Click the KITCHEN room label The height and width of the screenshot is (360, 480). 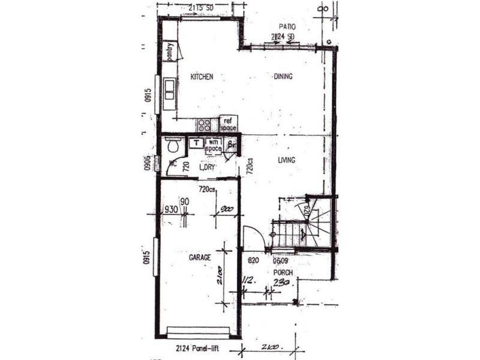[x=202, y=77]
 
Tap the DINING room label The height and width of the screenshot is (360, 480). [x=283, y=77]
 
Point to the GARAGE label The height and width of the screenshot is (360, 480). [x=200, y=257]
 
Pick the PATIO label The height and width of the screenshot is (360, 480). [x=288, y=27]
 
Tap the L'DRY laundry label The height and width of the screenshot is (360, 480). [x=206, y=168]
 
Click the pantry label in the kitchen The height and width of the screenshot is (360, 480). [x=170, y=50]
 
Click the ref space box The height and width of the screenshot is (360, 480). [x=228, y=124]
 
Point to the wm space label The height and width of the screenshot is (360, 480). [x=214, y=145]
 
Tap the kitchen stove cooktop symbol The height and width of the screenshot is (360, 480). [x=205, y=125]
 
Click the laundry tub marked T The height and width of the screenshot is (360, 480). [x=196, y=143]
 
